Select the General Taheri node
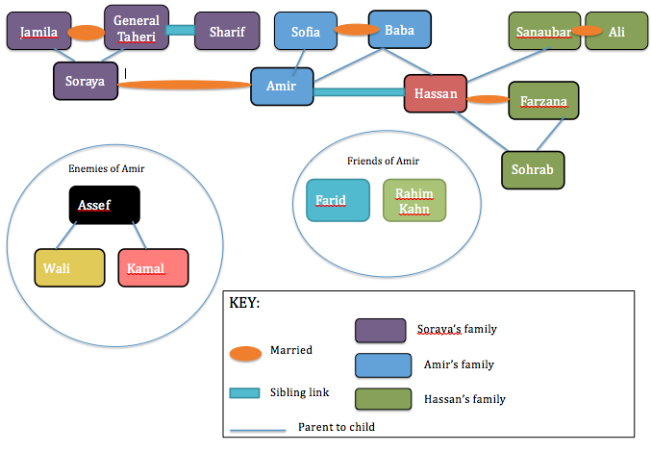136,28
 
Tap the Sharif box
227,32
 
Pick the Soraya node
85,81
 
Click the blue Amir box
282,86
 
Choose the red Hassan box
436,94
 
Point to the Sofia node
306,32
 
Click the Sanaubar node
543,32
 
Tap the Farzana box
543,101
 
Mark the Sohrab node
533,169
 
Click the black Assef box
105,205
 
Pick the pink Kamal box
153,267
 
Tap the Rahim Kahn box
414,201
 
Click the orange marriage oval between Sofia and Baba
356,31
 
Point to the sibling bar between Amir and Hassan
359,92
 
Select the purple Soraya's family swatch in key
380,330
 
